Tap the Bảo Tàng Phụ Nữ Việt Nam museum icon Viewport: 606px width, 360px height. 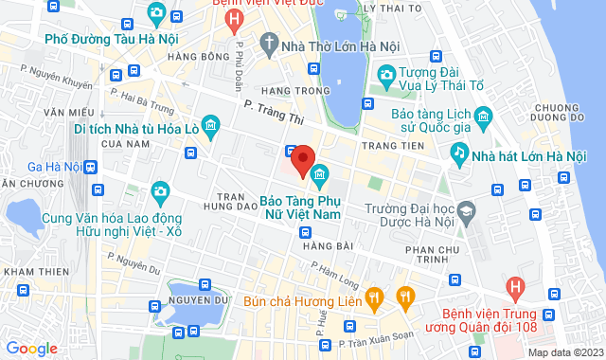pyautogui.click(x=320, y=175)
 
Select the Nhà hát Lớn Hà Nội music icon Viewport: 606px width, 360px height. pyautogui.click(x=459, y=152)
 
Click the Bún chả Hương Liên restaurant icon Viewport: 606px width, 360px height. pyautogui.click(x=375, y=298)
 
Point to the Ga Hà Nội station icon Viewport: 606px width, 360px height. pyautogui.click(x=91, y=167)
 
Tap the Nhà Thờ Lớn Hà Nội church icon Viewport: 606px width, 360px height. pyautogui.click(x=269, y=44)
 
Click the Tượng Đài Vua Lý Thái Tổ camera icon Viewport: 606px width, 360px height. pyautogui.click(x=386, y=74)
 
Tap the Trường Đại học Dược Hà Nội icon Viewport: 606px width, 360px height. pyautogui.click(x=466, y=210)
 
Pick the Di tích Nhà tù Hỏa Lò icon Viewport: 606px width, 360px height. pyautogui.click(x=210, y=124)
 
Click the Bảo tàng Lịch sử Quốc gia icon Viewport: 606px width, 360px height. pyautogui.click(x=484, y=119)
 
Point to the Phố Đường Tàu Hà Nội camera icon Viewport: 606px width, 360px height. pyautogui.click(x=157, y=14)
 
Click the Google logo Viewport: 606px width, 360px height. pyautogui.click(x=31, y=348)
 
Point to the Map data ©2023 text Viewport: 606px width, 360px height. pyautogui.click(x=563, y=352)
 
